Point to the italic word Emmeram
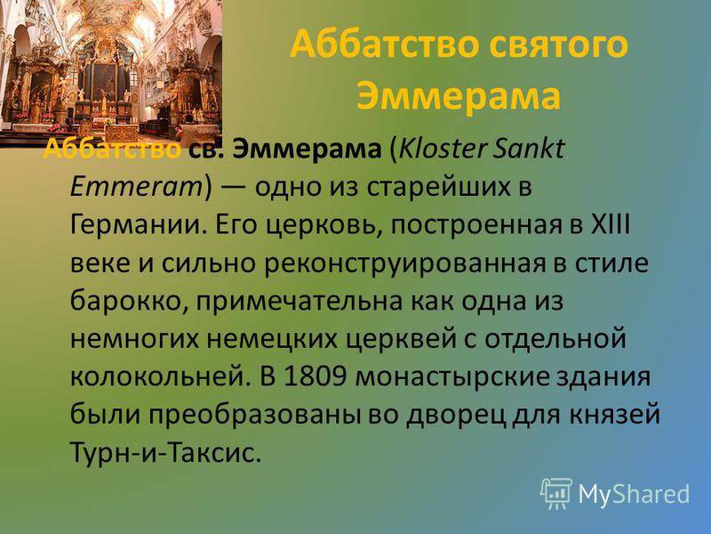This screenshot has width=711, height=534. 135,187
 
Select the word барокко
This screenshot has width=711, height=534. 129,302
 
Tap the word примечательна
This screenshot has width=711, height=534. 300,302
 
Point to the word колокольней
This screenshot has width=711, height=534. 161,377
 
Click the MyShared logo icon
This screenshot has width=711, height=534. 556,493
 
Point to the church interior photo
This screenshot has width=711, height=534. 111,73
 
